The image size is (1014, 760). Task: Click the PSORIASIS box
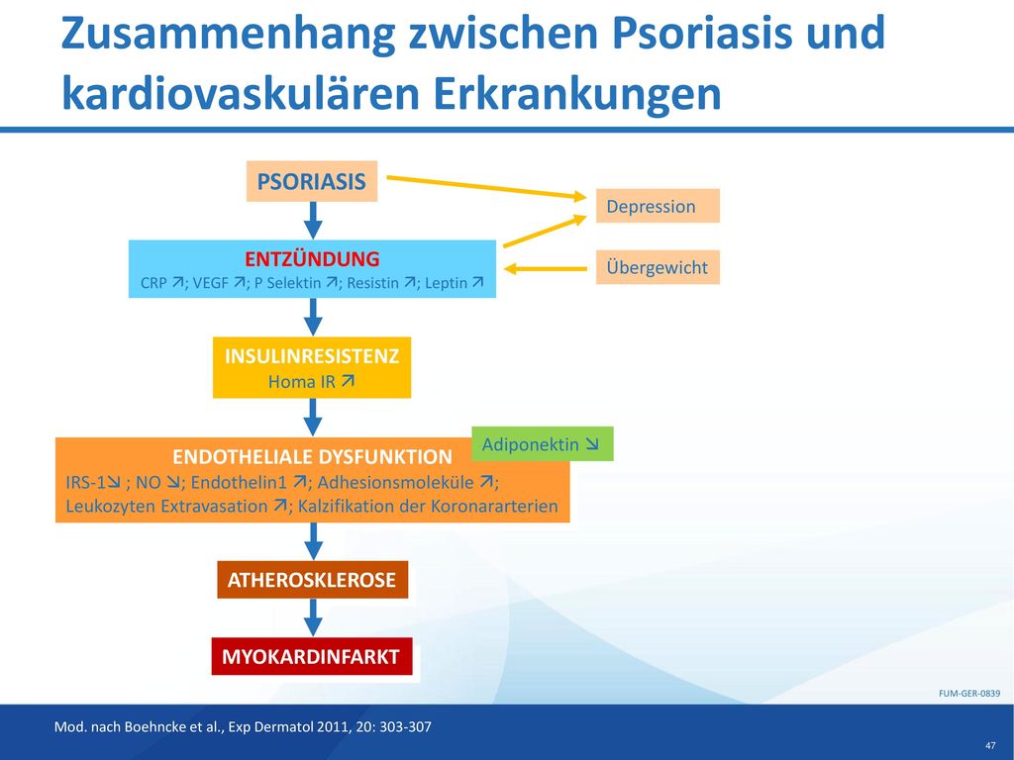[312, 182]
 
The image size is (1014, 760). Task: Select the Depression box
[658, 206]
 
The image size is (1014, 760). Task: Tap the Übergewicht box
[658, 267]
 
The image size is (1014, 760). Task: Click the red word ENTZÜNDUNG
[312, 258]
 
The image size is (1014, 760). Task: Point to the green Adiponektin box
[543, 444]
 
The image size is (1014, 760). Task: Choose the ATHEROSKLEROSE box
[312, 580]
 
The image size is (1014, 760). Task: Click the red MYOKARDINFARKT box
[312, 657]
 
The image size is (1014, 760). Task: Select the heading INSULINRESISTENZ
[312, 356]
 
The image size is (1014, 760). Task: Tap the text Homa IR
[301, 382]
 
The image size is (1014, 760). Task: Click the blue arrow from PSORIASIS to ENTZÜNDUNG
[313, 221]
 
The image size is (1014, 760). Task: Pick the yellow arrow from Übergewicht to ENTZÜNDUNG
[546, 269]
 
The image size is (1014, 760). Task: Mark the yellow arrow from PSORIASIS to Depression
[486, 187]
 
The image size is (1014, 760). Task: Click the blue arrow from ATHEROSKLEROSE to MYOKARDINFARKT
[313, 617]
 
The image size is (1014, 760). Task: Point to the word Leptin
[447, 283]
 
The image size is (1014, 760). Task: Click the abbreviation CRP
[153, 283]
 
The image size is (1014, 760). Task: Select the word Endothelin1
[239, 482]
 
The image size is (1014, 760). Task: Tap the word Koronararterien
[494, 506]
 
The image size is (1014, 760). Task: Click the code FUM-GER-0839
[969, 694]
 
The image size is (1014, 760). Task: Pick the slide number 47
[991, 746]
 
